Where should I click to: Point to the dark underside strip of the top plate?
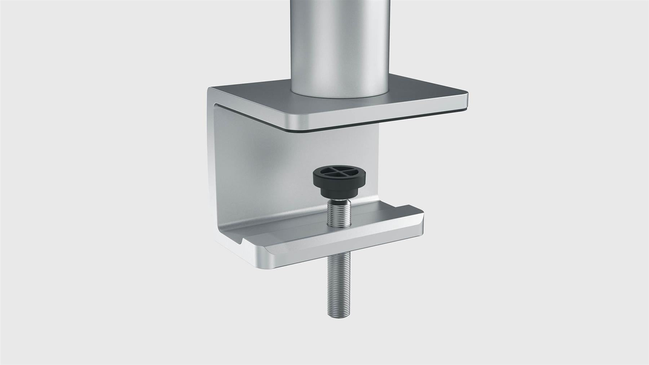379,126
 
